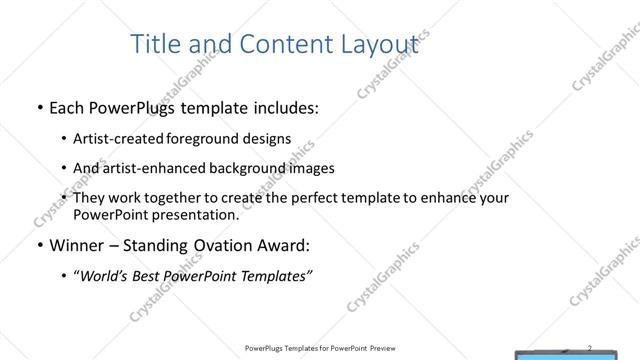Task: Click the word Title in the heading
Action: [156, 44]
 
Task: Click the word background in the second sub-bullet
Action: [249, 168]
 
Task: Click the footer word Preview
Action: [386, 349]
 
